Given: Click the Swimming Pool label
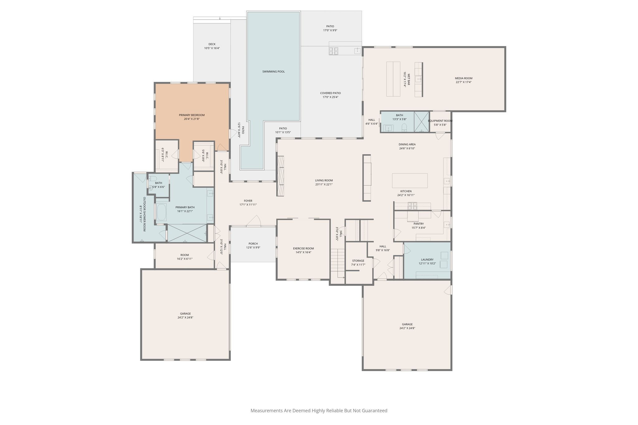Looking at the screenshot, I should [x=273, y=72].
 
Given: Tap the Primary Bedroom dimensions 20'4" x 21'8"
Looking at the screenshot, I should [x=192, y=119].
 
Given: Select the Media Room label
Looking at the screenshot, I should [x=464, y=78].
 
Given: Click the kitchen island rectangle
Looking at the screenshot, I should [x=410, y=181].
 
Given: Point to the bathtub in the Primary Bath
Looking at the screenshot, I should [x=161, y=212].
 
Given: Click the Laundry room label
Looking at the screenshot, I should [x=427, y=260].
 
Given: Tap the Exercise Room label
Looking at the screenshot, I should [x=303, y=248].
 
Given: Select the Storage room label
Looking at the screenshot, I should [x=358, y=261].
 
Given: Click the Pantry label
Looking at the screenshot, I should [x=418, y=224].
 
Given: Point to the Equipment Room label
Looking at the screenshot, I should [x=440, y=121].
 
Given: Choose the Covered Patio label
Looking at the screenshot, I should [x=330, y=93].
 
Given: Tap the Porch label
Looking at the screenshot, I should [x=253, y=244].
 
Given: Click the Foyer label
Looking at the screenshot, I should [x=248, y=201].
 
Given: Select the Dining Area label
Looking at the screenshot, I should [x=407, y=144].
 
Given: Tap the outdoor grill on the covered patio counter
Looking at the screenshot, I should [x=334, y=51].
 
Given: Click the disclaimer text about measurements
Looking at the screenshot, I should [x=319, y=410].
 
